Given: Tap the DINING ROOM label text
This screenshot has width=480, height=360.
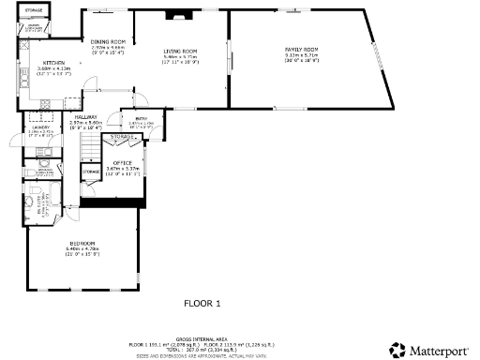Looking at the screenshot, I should (108, 42).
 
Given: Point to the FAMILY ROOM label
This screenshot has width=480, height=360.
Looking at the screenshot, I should (302, 49).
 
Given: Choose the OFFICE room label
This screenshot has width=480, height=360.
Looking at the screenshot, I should (124, 163).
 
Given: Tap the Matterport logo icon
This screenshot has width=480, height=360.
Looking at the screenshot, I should (397, 350).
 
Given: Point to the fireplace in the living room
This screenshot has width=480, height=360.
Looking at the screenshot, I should (176, 16).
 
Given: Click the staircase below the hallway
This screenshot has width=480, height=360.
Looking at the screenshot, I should (90, 148).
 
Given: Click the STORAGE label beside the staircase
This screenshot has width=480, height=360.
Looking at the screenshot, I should (91, 172).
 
